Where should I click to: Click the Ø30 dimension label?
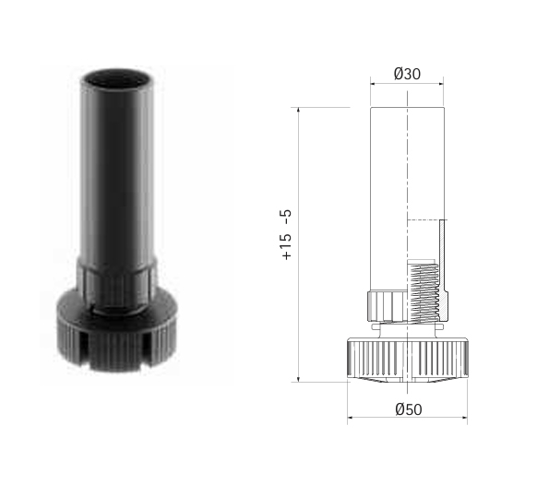407,74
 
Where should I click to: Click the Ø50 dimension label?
409,409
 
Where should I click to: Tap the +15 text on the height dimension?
286,246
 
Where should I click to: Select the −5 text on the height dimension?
286,217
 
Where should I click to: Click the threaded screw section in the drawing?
423,291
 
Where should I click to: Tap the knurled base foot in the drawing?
408,360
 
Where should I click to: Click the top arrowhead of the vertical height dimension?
298,110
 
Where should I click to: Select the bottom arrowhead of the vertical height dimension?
298,379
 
